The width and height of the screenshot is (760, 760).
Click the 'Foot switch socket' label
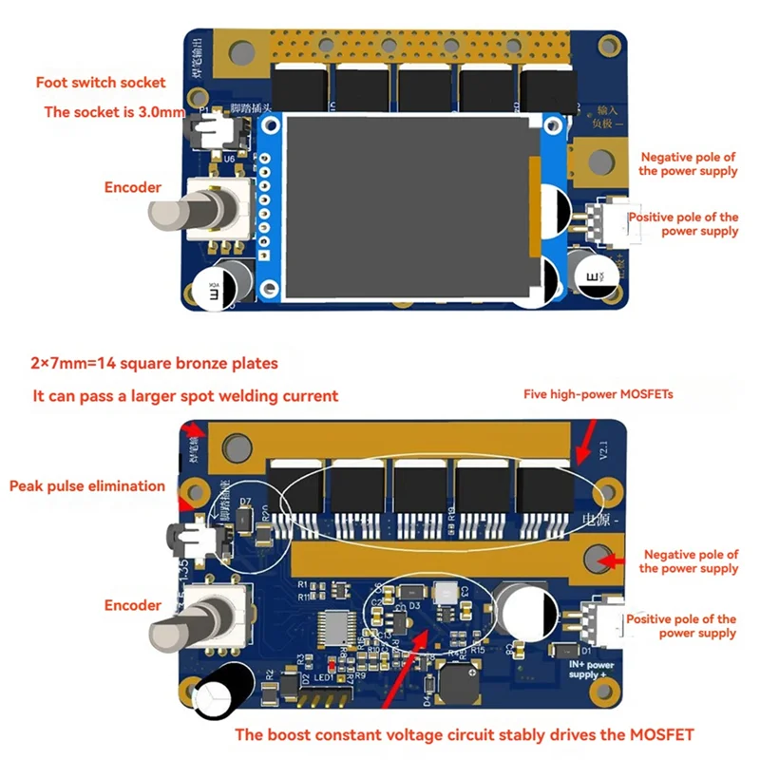coord(100,83)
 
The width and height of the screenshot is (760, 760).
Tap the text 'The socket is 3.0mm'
coord(114,112)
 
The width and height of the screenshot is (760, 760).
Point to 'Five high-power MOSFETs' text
coord(599,393)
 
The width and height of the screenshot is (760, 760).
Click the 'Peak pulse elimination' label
coord(87,486)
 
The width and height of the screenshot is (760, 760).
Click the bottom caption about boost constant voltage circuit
coord(465,733)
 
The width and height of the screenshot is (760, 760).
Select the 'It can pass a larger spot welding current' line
coord(185,396)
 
